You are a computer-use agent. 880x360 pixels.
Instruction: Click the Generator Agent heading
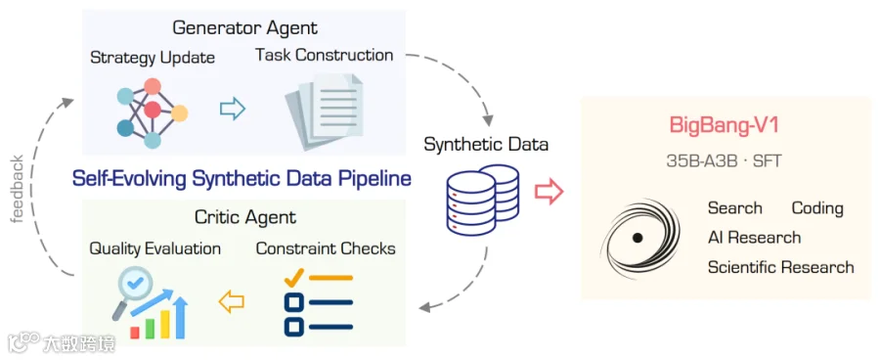(244, 27)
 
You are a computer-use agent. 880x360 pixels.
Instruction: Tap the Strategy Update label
(153, 58)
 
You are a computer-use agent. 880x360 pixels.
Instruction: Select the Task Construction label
(324, 55)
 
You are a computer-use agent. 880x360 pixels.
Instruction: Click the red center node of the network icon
(153, 110)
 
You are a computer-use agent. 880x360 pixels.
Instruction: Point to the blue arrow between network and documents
(233, 109)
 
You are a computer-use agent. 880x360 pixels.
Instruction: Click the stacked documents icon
(324, 112)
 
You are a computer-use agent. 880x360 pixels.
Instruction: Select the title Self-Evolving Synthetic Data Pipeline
(242, 179)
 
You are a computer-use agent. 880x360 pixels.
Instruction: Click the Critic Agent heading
(245, 216)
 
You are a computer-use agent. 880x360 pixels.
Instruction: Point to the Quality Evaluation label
(154, 248)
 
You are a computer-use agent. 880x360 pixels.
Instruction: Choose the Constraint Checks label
(326, 248)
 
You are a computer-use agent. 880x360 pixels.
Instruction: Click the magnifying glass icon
(130, 290)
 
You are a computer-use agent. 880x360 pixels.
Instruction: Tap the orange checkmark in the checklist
(294, 277)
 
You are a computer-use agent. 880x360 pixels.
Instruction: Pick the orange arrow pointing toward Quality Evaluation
(231, 302)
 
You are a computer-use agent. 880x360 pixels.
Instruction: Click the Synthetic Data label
(486, 145)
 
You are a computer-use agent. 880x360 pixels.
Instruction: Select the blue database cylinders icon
(483, 200)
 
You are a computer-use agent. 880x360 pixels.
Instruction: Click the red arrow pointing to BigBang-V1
(549, 192)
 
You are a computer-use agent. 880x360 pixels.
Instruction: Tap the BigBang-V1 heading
(724, 124)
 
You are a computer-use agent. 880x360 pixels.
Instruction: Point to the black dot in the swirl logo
(637, 238)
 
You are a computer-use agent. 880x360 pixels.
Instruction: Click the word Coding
(817, 208)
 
